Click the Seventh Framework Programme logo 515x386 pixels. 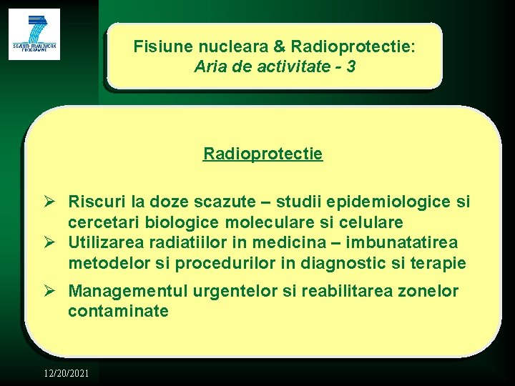[x=34, y=34]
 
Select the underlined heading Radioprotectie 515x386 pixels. [x=263, y=154]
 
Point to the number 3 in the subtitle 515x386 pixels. [x=351, y=68]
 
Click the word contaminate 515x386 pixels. [x=118, y=312]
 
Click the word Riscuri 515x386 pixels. [x=95, y=203]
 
